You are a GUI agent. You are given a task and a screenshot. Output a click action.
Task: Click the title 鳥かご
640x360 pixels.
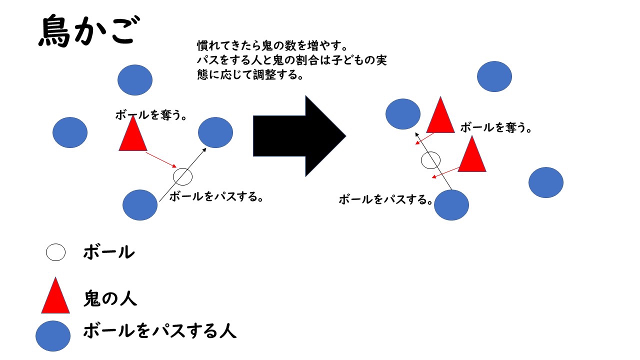point(89,31)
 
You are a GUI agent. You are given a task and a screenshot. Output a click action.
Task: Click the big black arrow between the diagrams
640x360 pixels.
point(299,136)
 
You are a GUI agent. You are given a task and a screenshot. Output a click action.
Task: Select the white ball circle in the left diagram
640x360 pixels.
point(183,177)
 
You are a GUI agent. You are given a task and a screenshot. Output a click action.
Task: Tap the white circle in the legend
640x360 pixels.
point(55,252)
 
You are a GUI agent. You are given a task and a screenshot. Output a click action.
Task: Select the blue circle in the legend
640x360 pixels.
point(53,336)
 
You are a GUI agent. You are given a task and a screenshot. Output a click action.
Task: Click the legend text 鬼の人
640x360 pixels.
point(110,298)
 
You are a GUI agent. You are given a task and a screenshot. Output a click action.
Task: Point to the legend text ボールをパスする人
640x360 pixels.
point(160,331)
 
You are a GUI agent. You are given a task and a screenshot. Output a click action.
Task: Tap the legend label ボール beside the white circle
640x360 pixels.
point(109,252)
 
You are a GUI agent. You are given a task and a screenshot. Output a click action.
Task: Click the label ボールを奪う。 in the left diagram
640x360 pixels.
point(151,115)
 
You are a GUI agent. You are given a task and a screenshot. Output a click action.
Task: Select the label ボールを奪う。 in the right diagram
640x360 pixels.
point(496,127)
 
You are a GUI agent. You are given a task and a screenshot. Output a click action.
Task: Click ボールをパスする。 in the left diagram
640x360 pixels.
point(216,196)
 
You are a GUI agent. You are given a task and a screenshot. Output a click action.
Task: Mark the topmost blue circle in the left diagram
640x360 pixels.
point(135,80)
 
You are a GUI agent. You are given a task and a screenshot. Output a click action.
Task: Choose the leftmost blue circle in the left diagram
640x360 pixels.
point(70,132)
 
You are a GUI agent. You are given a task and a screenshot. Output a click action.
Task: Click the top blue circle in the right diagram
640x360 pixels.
point(494,76)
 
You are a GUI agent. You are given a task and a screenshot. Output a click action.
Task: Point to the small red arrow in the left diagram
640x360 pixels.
point(161,160)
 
